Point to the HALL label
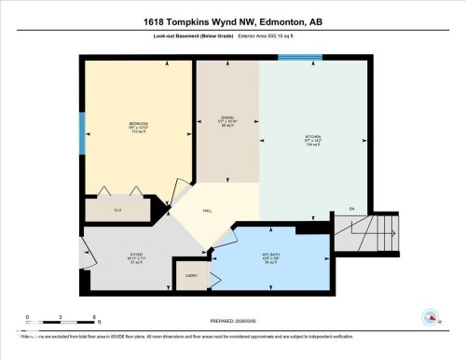point(207,211)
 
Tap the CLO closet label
point(118,211)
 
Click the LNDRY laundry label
point(191,276)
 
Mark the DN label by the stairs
point(352,207)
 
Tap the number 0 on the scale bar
point(27,318)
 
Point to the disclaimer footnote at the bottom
point(186,334)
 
